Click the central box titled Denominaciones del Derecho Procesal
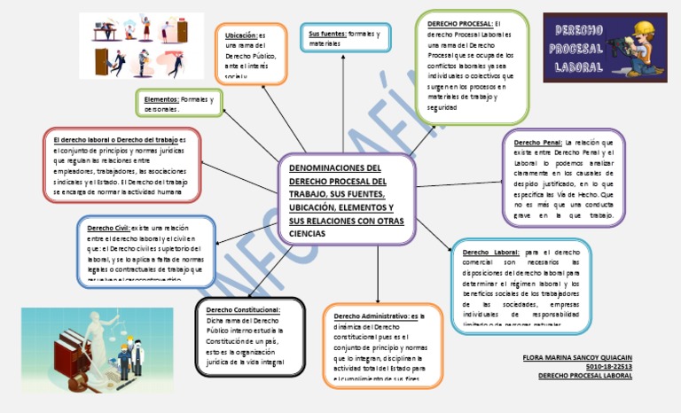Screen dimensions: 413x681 (346, 200)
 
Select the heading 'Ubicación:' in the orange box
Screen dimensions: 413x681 (240, 35)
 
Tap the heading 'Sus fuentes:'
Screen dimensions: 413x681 (326, 34)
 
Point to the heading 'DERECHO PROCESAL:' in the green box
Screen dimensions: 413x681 (459, 24)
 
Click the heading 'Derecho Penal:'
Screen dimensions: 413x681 (537, 142)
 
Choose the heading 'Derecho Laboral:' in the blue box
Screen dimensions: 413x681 (490, 252)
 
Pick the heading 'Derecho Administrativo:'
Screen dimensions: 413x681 (372, 316)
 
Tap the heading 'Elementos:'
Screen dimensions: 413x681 (161, 100)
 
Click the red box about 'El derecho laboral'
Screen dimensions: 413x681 (121, 166)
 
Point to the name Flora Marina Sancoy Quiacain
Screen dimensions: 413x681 (578, 356)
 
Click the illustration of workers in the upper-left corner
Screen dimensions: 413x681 (140, 46)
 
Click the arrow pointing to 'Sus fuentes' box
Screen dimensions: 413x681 (344, 89)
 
